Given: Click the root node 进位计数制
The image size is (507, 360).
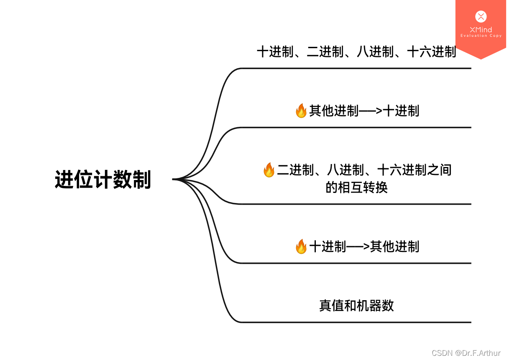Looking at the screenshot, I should coord(103,180).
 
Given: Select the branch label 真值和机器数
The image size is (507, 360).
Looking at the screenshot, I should coord(356,306).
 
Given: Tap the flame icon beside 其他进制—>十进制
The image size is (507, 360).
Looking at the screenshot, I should coord(301,111).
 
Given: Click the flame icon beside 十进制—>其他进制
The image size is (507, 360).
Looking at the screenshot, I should coord(301,247).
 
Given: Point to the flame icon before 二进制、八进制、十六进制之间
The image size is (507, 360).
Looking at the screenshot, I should coord(269,170).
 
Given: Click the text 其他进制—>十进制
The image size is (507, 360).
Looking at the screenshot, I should coord(364,111).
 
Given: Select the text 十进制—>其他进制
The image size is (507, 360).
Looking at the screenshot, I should coord(364,247).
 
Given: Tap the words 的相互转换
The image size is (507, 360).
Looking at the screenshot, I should coord(356,188).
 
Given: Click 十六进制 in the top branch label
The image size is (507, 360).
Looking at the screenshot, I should coord(431,52).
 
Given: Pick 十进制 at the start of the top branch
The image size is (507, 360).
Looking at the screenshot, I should coord(275,52).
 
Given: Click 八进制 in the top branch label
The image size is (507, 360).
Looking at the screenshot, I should coord(375,52).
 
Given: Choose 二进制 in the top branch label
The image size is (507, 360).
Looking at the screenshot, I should coord(325,52).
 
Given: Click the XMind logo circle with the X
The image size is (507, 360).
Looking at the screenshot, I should coord(481,17).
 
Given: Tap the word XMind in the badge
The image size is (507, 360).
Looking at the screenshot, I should coord(481,30).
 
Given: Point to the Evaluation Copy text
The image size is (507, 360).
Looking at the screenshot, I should coord(481,36).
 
